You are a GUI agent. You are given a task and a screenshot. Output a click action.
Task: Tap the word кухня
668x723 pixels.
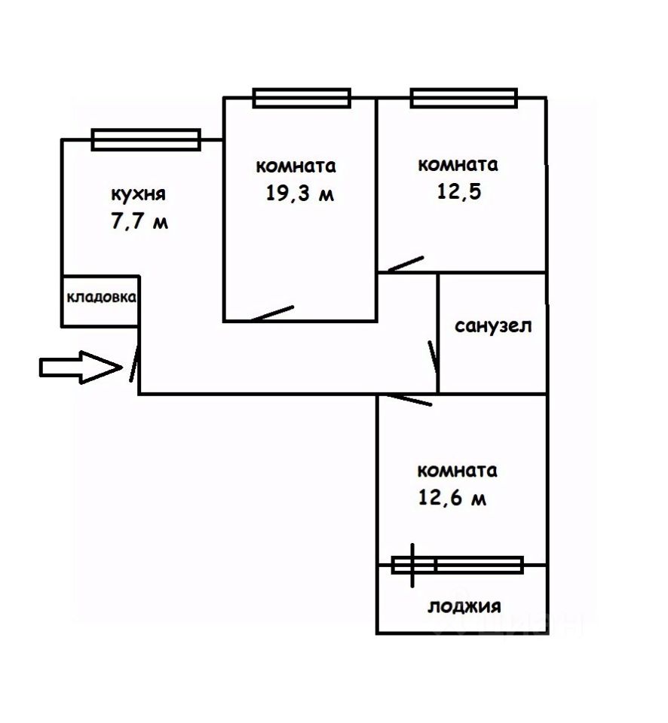coord(138,195)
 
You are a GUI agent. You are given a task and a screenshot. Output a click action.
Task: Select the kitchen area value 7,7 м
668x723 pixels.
coord(139,224)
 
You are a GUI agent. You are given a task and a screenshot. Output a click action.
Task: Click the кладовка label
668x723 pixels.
coord(101,297)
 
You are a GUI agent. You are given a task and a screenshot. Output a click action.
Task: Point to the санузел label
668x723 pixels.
coord(493,326)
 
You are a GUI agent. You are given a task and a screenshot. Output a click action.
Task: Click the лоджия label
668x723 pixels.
coord(464,606)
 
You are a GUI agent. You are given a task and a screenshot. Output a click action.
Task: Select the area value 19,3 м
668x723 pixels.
coord(299,194)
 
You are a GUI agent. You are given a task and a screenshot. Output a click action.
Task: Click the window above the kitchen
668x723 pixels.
coord(146,139)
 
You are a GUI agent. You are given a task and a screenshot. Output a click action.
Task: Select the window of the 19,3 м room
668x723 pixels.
coord(302,98)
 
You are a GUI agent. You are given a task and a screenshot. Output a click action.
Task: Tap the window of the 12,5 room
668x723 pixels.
coord(464,98)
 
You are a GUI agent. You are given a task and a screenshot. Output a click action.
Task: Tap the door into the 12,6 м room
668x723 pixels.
coord(406,399)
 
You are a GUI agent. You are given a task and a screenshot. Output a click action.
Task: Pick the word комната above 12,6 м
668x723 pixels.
coord(458,471)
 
